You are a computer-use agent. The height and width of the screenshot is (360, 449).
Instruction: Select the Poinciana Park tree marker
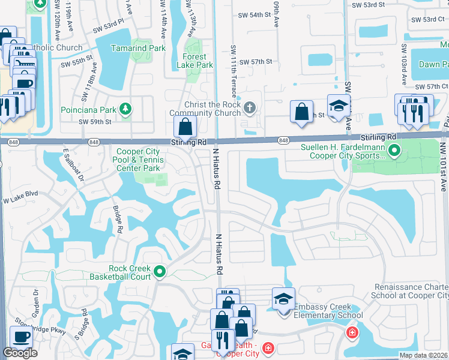[x=125, y=109]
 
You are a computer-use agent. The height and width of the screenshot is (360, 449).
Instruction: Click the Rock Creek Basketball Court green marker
[x=160, y=272]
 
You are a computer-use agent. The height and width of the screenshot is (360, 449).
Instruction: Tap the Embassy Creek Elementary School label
[x=328, y=311]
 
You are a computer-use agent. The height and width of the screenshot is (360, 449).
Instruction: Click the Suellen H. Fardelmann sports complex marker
[x=394, y=151]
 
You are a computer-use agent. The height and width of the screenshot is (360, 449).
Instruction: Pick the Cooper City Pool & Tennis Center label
[x=138, y=160]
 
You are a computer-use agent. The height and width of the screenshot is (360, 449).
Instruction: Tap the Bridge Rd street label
[x=118, y=220]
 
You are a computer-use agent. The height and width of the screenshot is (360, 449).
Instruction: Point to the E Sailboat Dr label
[x=73, y=167]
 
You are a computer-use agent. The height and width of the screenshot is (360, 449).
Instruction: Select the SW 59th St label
[x=95, y=122]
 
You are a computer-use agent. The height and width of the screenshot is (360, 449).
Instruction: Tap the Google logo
[x=20, y=353]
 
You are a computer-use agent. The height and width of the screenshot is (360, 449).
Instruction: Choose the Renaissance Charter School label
[x=412, y=291]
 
